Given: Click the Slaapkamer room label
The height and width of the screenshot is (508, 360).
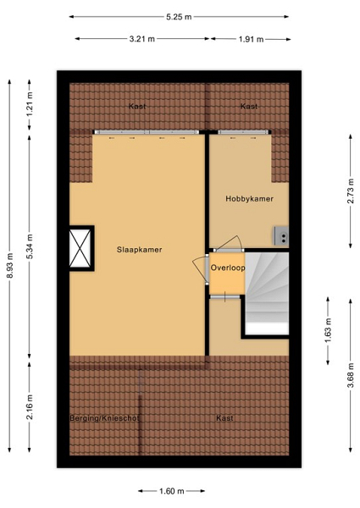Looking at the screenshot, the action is coord(139,250).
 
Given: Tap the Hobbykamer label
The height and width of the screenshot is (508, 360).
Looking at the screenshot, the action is coord(250,199).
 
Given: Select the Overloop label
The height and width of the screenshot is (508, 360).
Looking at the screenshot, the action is coord(228,268).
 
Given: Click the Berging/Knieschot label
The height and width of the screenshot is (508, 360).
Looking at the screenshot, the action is coord(104,418).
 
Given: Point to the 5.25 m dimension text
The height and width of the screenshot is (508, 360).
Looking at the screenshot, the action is coord(179,17).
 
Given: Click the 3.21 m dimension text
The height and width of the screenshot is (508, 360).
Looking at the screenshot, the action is coord(142,39).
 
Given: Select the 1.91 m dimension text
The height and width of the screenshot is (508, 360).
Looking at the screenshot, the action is coord(251,40).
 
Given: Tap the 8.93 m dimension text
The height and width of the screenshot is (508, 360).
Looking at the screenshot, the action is coord(10,266).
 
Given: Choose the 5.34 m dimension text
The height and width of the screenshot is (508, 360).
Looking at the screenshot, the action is coord(30,246).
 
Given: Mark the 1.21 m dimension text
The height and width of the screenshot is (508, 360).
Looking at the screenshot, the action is coord(30,105).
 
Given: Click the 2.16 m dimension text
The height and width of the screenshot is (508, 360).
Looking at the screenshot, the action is coord(30,407).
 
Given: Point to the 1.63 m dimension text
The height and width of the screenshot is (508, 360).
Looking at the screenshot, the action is coord(329,331).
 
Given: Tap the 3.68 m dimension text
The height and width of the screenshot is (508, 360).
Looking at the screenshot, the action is coord(351,375).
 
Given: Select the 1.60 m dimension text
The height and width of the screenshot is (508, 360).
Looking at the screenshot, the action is coord(172,491).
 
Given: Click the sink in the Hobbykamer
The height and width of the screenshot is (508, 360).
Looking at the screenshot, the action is coord(281,235).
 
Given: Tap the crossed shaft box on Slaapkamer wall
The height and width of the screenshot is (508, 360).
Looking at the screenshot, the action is coord(80,248).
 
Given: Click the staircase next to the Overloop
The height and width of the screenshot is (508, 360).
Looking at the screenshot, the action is coord(267,293).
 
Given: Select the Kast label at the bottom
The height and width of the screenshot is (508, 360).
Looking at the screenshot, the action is coord(224,418).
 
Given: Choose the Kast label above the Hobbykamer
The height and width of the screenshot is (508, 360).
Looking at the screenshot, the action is coord(249,107).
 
